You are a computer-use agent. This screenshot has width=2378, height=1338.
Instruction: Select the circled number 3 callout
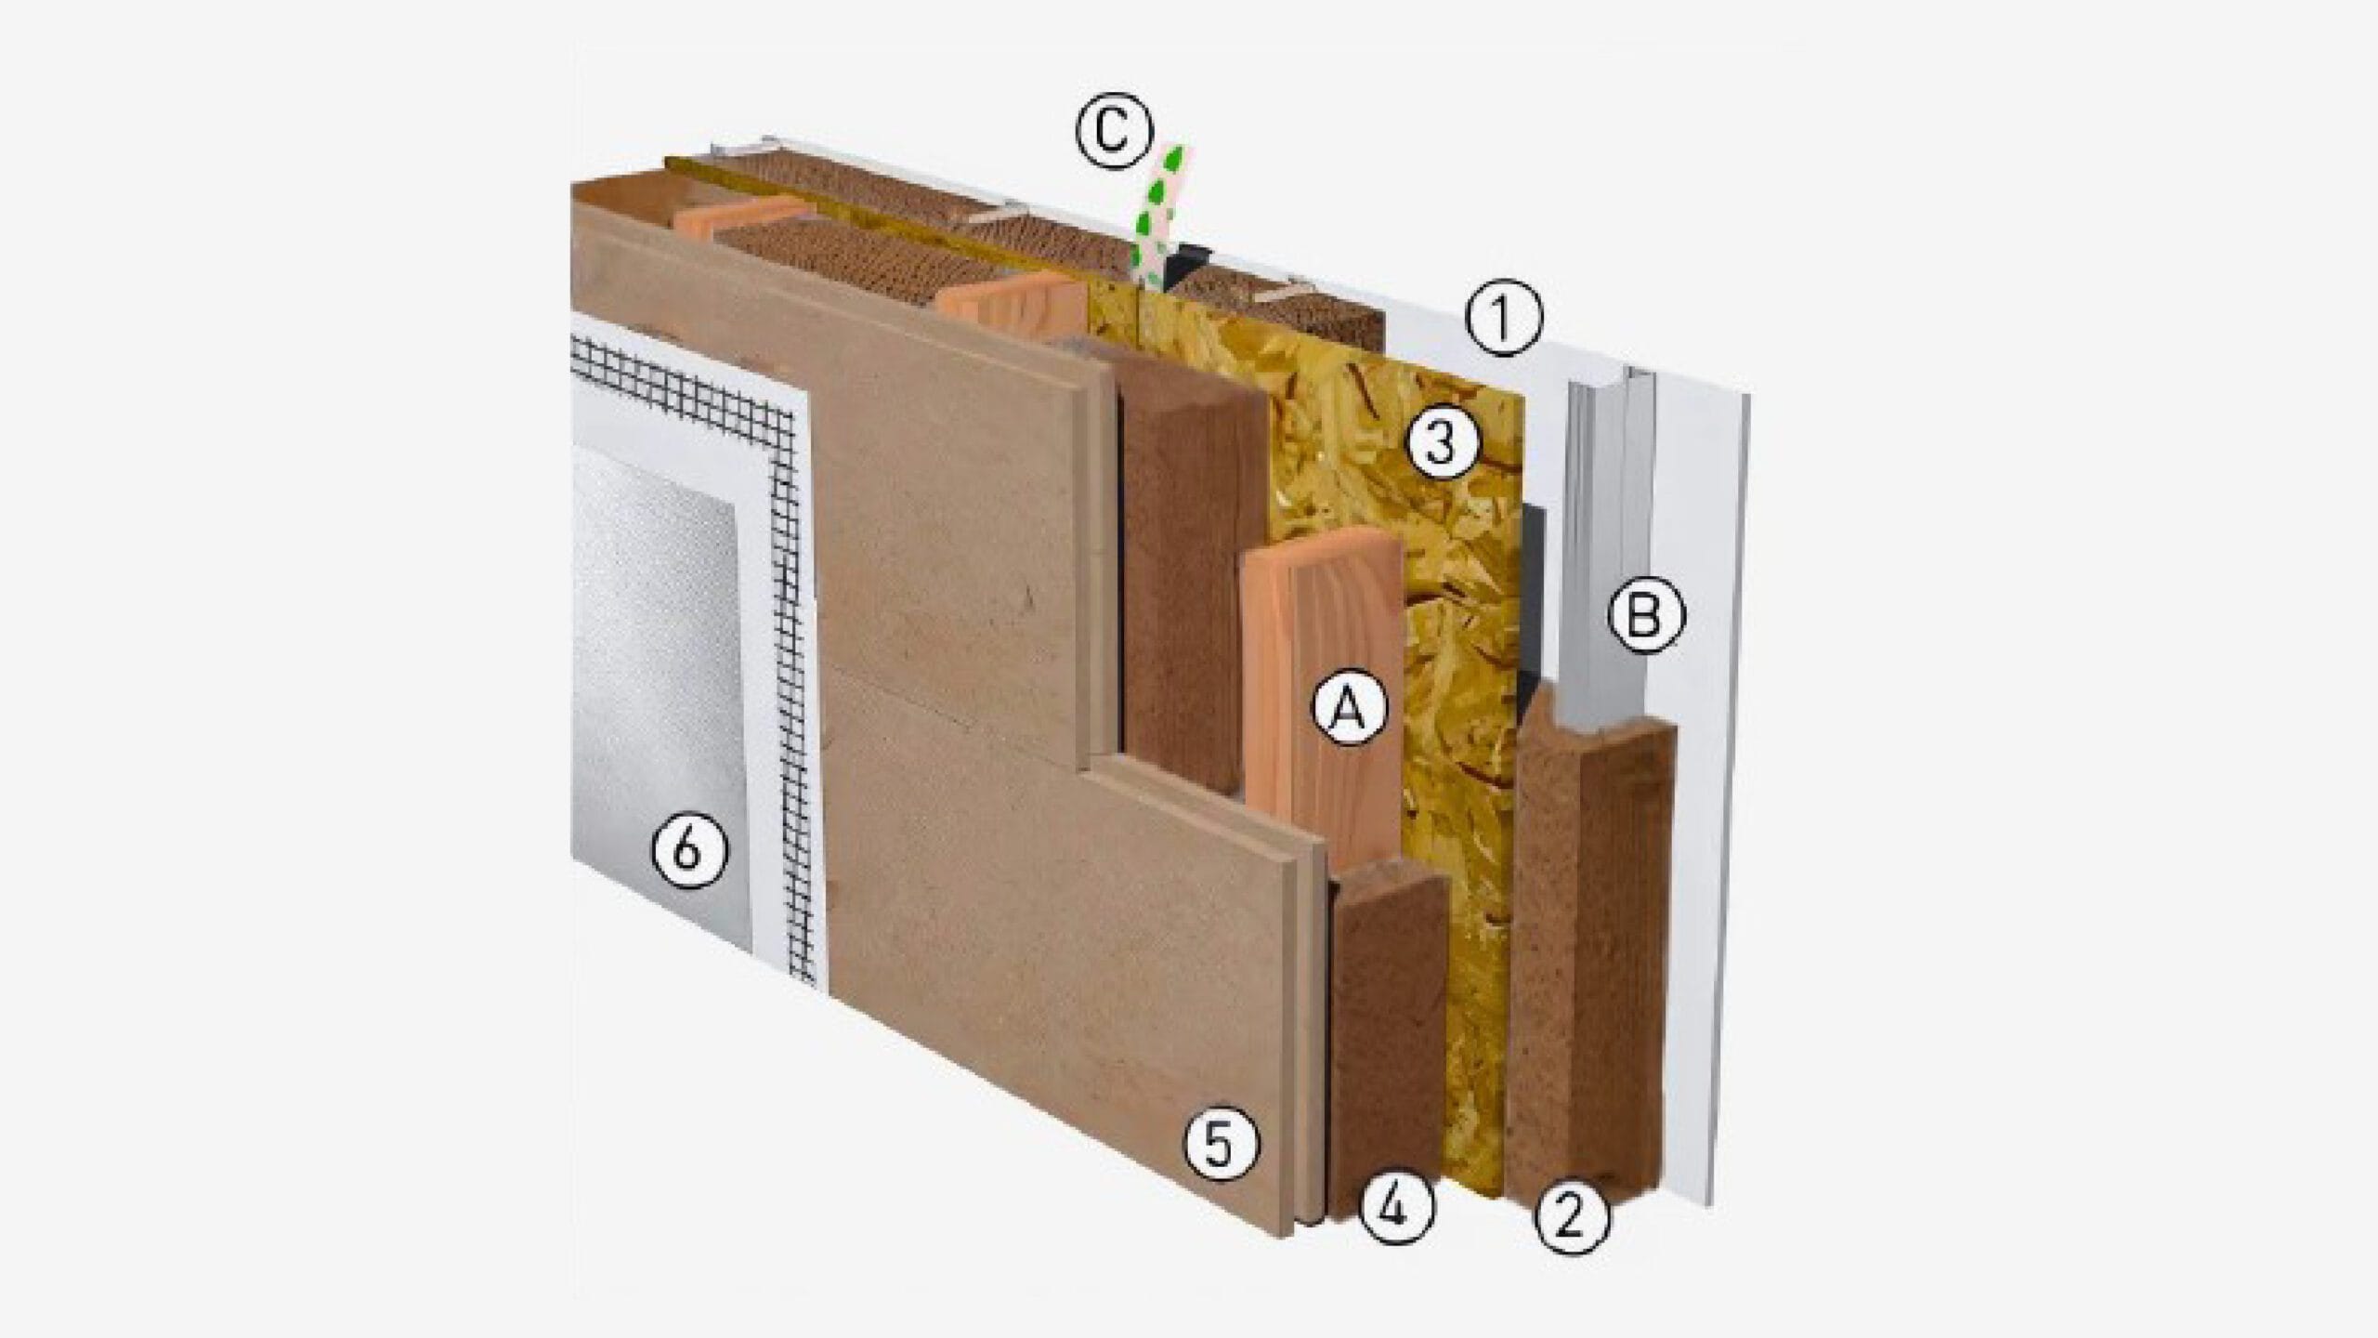click(x=1440, y=445)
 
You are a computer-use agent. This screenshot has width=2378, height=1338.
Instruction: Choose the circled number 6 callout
click(x=689, y=851)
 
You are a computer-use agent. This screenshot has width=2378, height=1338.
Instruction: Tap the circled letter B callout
click(x=1645, y=615)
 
